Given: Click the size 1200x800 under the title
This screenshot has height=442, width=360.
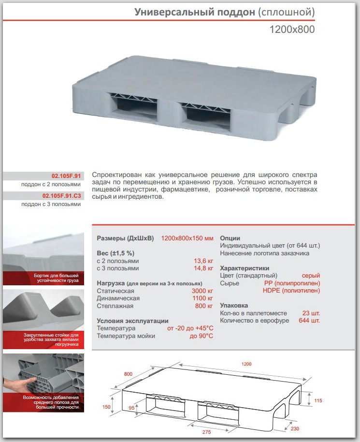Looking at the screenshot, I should pos(292,29).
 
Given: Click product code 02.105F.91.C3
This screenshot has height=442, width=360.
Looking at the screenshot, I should pos(61,196).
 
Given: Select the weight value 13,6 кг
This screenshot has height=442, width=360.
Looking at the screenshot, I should pos(203,260).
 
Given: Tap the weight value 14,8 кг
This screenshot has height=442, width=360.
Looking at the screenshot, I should pos(203,268).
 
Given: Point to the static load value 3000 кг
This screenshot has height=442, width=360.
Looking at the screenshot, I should pos(202,291).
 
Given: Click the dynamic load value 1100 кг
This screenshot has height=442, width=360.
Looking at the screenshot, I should pos(202,298).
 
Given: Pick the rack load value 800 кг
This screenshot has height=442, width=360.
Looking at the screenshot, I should pos(204,306).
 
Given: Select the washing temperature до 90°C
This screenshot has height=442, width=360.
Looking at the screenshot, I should pos(202,336).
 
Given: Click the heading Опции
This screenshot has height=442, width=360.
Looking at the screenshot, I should pos(230,238).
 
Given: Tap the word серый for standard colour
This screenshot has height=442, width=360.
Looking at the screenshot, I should pos(311,276).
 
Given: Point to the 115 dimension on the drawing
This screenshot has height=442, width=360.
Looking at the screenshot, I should pos(317,400).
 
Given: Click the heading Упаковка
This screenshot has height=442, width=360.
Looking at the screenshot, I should pos(234,306).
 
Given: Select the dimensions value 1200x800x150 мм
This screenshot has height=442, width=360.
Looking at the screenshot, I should pos(187,238).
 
